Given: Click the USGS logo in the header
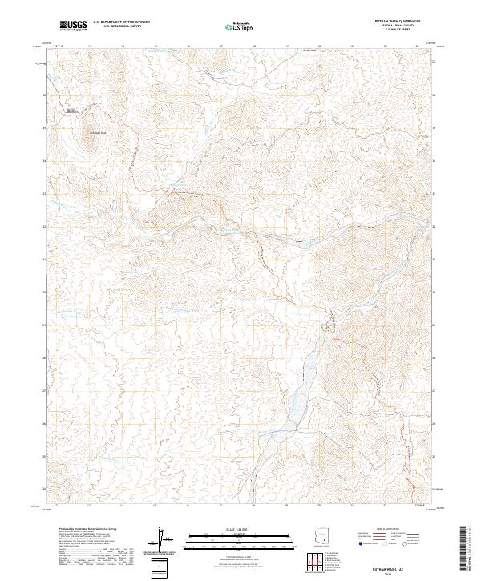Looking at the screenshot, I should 73,26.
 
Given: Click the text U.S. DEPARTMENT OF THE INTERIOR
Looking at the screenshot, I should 121,22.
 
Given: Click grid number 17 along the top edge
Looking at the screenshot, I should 220,46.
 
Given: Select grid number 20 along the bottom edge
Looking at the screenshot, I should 320,506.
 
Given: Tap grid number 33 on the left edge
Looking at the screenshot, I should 44,194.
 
